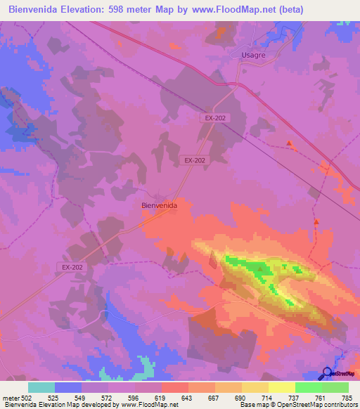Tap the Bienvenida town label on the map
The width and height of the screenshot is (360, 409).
[158, 205]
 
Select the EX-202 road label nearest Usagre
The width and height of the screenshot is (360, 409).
[215, 119]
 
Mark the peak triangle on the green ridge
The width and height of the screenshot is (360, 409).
[261, 268]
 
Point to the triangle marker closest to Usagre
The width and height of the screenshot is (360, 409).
[289, 143]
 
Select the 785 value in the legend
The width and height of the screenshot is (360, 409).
[347, 398]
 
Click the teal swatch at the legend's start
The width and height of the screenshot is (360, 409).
[41, 387]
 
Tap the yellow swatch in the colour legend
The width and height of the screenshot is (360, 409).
[282, 387]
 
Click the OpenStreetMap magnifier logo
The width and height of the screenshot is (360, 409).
[326, 373]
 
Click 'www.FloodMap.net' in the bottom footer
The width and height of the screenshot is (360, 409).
[150, 405]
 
